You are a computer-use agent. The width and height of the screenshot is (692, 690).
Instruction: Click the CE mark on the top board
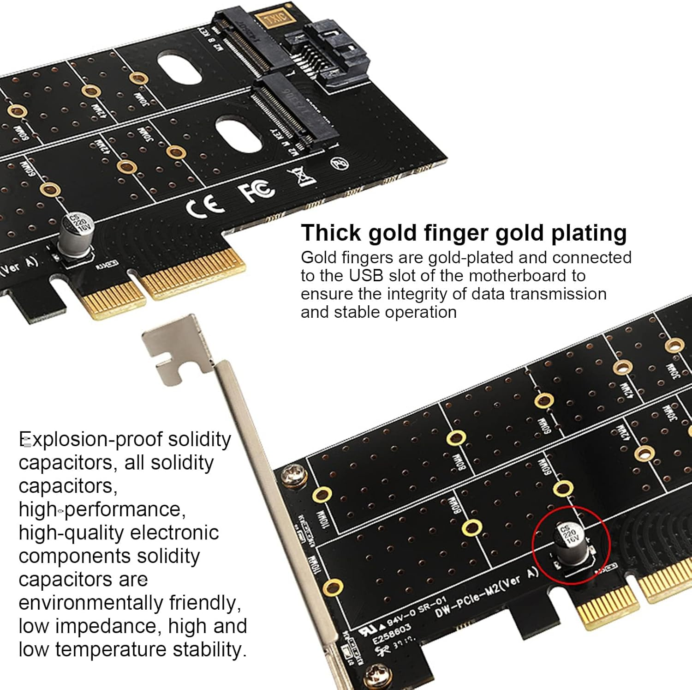(205, 206)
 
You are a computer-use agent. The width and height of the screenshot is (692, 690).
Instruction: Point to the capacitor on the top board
(77, 236)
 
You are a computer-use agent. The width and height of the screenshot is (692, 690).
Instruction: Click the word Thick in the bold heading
(331, 233)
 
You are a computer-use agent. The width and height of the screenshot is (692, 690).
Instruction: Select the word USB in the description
(366, 276)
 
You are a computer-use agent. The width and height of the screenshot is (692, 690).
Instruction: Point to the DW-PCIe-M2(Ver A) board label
(487, 593)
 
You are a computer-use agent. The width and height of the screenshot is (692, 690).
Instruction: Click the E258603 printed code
(391, 635)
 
